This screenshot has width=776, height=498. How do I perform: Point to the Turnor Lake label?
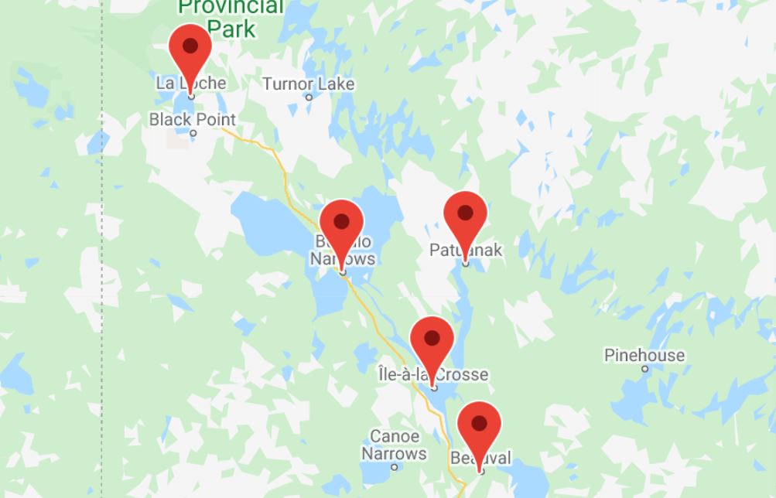[308, 84]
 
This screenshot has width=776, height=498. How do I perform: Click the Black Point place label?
[193, 119]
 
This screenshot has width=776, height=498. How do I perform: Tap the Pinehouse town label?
[644, 355]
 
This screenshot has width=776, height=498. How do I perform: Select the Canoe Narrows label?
[394, 445]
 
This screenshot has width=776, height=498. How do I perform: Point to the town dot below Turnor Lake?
[309, 97]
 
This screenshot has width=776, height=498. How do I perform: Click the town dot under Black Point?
[193, 133]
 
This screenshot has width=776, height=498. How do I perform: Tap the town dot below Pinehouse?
[645, 369]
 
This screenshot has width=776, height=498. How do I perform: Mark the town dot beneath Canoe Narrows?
[394, 467]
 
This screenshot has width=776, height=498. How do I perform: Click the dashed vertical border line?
[101, 309]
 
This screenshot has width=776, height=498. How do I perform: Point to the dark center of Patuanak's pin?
[465, 213]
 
